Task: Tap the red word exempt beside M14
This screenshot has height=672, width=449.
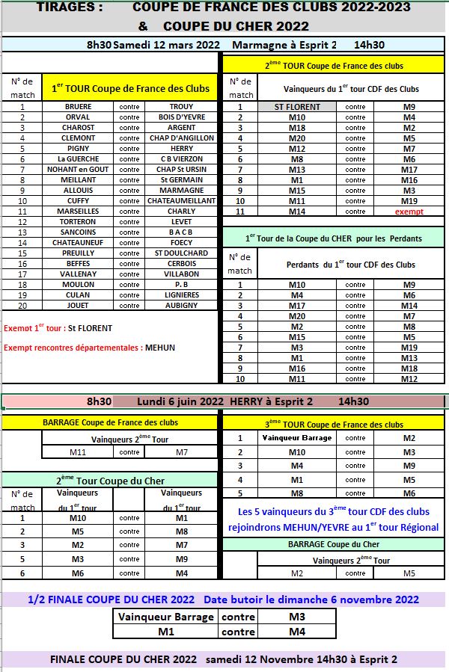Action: (409, 212)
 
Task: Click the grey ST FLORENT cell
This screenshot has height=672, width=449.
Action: (298, 107)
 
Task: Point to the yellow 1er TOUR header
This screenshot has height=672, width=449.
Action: (131, 88)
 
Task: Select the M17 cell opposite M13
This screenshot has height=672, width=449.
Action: (409, 170)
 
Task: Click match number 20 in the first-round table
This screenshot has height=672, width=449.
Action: (22, 306)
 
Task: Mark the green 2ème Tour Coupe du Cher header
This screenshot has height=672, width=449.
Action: (111, 481)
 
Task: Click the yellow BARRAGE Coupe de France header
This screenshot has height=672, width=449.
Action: (111, 423)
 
